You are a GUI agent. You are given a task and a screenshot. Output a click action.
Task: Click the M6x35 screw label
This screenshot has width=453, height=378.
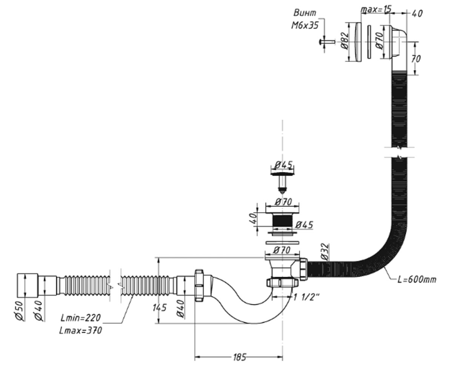(305, 26)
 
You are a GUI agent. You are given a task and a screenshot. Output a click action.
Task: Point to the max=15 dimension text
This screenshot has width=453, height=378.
(376, 9)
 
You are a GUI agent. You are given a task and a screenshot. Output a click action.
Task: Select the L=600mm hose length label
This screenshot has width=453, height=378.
(417, 279)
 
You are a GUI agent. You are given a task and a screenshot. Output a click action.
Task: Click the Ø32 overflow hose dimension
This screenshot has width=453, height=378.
(325, 252)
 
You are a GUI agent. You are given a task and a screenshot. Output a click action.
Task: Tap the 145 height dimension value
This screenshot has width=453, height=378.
(159, 307)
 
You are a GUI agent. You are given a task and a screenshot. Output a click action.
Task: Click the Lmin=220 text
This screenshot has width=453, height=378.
(80, 318)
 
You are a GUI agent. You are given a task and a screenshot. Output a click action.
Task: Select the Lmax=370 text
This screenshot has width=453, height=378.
(81, 330)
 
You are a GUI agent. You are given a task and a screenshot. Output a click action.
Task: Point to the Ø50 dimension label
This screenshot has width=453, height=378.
(19, 311)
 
